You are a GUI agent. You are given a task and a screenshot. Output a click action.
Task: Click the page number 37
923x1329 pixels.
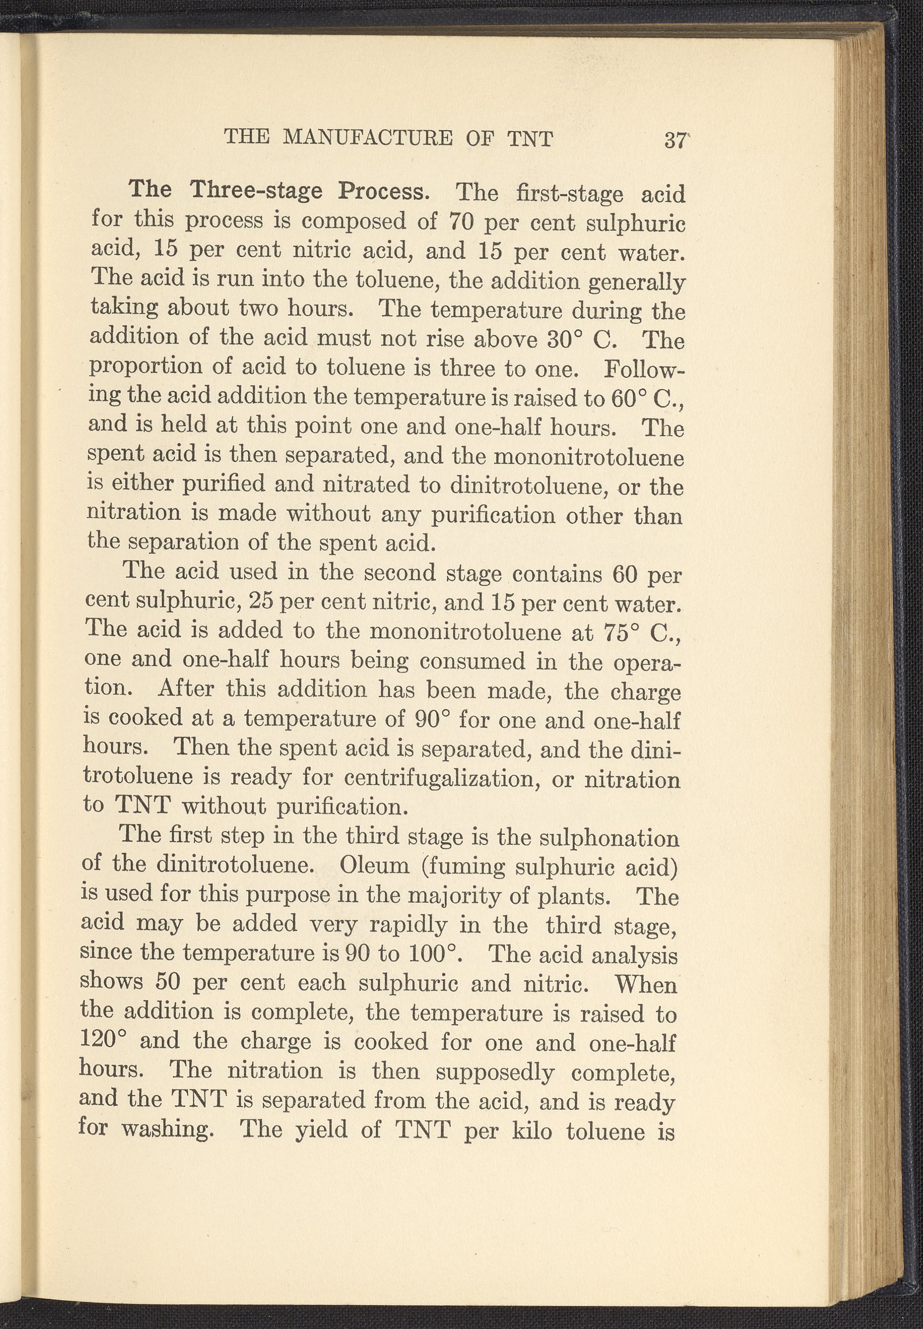click(674, 141)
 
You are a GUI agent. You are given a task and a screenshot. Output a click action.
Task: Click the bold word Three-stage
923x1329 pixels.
click(256, 190)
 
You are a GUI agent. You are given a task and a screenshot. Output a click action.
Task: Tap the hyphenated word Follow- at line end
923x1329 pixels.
click(644, 370)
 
